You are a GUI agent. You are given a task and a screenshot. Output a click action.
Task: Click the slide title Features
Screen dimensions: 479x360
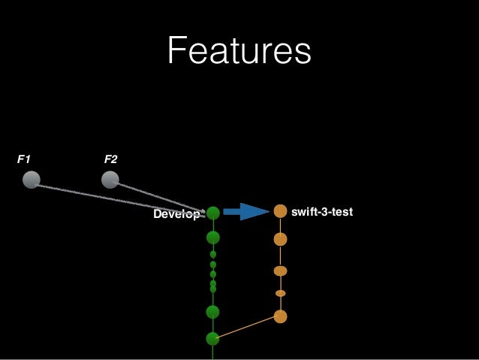(238, 52)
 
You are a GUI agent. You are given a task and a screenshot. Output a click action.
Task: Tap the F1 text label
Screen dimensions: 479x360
(23, 159)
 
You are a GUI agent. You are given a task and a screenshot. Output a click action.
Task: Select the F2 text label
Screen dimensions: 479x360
(110, 159)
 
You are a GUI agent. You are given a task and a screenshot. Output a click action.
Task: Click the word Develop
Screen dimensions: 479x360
(176, 214)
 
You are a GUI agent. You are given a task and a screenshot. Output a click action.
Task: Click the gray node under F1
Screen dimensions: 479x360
(31, 180)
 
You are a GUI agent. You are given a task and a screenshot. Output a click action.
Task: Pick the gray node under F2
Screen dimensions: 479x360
(110, 180)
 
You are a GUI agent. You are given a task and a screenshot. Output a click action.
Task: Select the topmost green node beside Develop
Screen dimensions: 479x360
(213, 213)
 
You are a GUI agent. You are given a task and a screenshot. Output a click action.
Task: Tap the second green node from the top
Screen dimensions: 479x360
(213, 238)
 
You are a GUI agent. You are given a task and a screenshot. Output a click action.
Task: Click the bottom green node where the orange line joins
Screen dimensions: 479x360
(212, 339)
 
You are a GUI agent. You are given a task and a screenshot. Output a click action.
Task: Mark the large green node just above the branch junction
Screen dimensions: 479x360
(212, 312)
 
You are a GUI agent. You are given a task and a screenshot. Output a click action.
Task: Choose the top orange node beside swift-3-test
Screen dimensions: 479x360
(280, 212)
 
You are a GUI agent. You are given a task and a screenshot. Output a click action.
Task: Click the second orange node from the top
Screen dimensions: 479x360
(280, 239)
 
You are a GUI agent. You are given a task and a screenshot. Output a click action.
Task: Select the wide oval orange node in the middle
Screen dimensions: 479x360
(280, 271)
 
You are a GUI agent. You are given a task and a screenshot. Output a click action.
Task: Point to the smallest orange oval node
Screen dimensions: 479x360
(280, 293)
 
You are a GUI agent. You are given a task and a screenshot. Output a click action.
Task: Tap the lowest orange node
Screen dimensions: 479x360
(280, 316)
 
